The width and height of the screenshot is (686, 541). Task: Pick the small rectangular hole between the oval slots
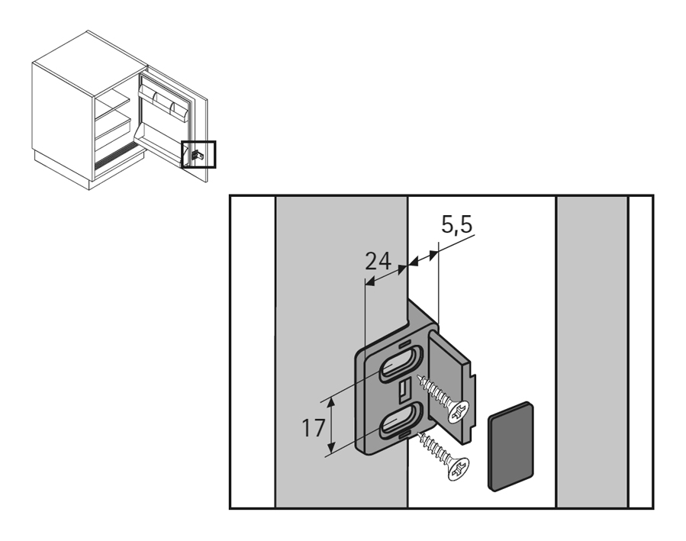tap(404, 393)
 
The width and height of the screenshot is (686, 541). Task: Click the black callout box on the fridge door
tap(198, 153)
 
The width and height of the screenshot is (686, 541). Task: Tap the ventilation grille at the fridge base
tap(118, 156)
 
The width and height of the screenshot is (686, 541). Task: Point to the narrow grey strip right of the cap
tap(592, 351)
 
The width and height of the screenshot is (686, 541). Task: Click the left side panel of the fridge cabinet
tap(61, 114)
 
